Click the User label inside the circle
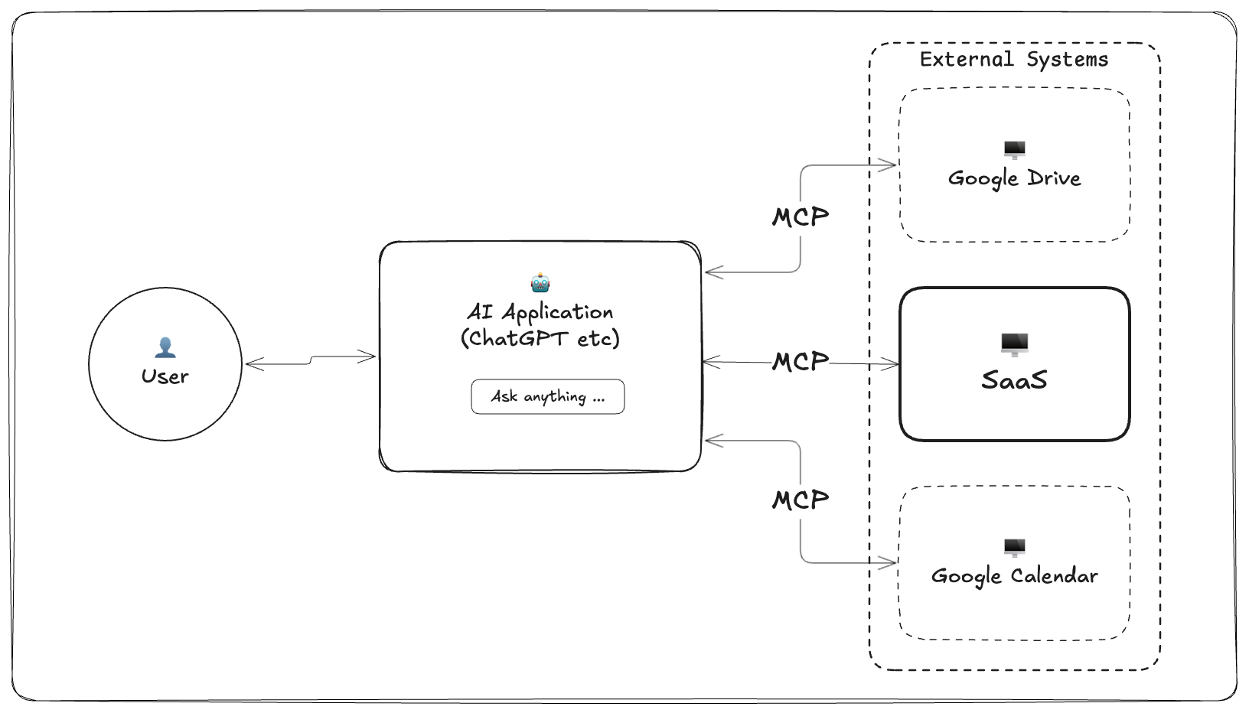[165, 376]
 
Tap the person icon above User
[165, 347]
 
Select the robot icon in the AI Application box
[540, 283]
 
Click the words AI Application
[540, 312]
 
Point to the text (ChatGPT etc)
[540, 338]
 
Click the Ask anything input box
[547, 396]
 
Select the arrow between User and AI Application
[310, 360]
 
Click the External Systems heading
[1013, 60]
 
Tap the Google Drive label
[1014, 178]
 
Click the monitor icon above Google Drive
[1014, 149]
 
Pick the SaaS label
[1014, 380]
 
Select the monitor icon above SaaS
[1014, 344]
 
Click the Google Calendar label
[1014, 576]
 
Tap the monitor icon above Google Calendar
[1014, 547]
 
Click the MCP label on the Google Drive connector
[800, 217]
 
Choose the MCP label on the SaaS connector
[800, 361]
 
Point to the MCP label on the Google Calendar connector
[800, 500]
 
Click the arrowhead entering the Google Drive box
[889, 164]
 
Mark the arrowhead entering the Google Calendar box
[889, 563]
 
